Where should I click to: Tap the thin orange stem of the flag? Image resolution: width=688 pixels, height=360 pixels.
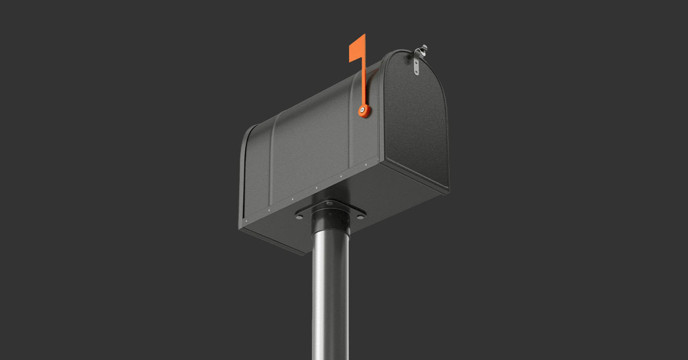(x=363, y=80)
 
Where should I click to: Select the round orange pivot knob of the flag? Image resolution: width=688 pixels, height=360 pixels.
(x=363, y=111)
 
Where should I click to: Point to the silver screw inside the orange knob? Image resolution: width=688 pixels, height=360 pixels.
(x=362, y=110)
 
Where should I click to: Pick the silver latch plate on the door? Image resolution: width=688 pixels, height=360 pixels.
(x=416, y=65)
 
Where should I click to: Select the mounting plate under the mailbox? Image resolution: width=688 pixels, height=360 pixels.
(x=331, y=211)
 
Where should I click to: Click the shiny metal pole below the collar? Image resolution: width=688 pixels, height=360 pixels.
(x=330, y=298)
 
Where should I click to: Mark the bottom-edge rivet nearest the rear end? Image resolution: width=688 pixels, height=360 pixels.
(x=245, y=218)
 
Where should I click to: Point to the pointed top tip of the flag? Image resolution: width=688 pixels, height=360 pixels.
(x=364, y=35)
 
